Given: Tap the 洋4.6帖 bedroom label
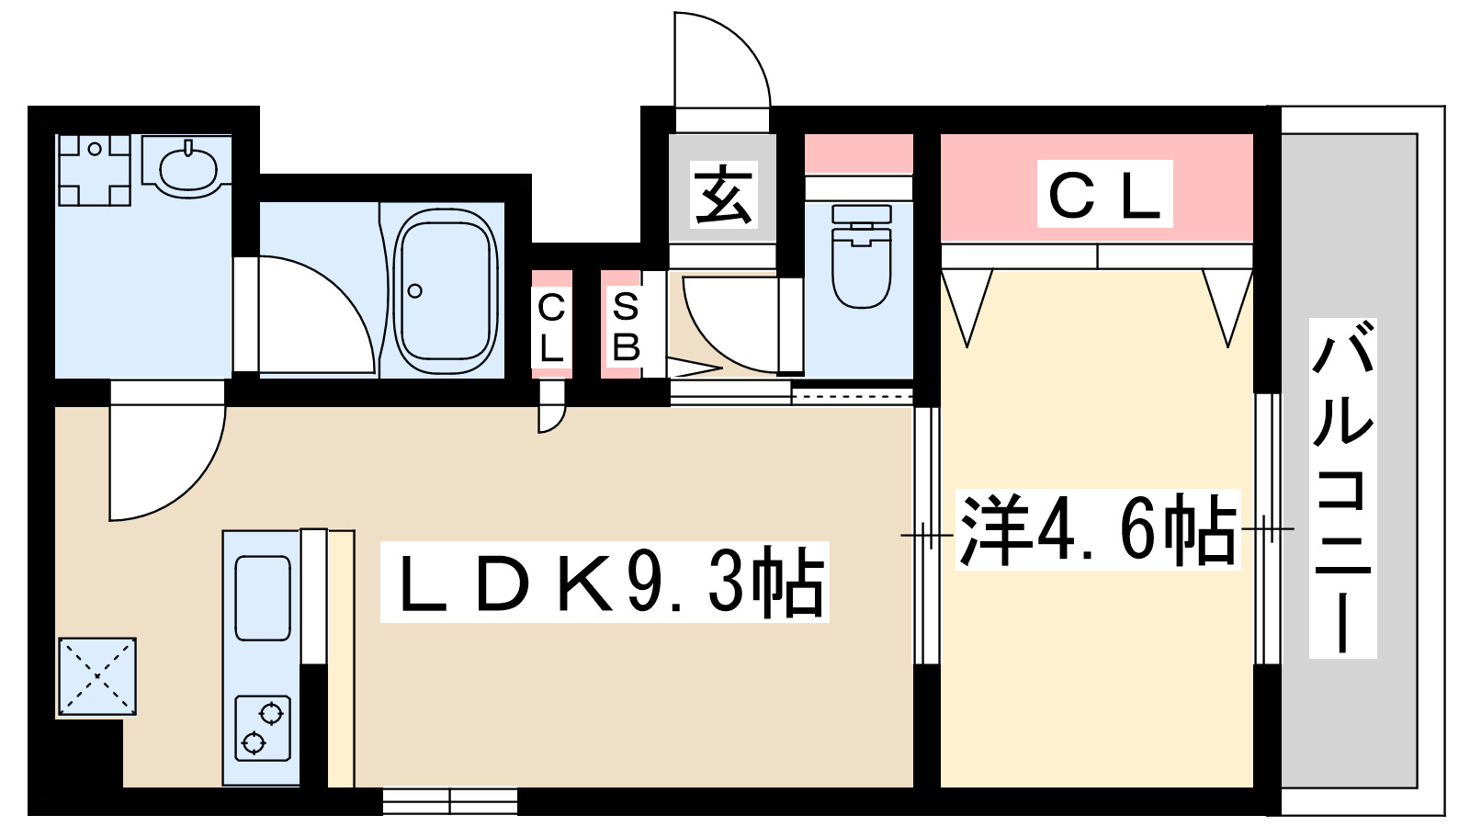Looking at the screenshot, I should pos(1097,530).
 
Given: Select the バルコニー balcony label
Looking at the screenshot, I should pos(1342,488).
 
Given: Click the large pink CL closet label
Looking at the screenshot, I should pos(1104,194).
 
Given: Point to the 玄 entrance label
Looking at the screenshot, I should pos(723,195).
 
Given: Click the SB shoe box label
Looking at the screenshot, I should pos(625,326).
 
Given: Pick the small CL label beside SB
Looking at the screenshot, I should pos(551,326).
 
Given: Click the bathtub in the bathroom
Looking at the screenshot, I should pos(446,290).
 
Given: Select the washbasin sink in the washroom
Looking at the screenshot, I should pos(188,167).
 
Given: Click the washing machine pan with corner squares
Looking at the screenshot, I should pos(94,170).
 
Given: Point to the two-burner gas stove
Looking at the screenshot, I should pos(263,728).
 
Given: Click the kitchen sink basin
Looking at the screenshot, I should pos(263,598).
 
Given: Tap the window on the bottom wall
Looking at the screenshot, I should pos(450,801).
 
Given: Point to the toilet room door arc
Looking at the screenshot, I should pos(730,322).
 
